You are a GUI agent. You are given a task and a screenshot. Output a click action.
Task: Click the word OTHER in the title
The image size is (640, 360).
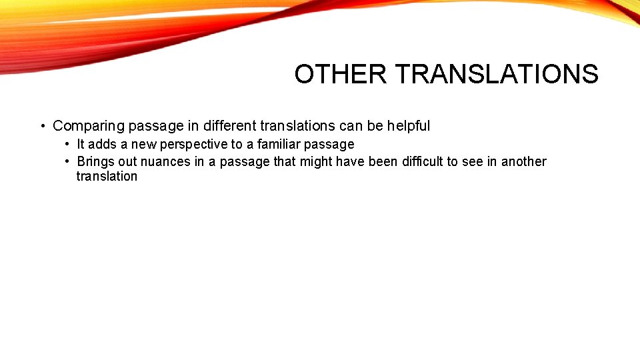(340, 74)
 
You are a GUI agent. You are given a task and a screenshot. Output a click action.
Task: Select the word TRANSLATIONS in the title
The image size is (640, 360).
(496, 74)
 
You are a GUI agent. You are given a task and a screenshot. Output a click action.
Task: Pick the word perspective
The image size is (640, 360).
(194, 144)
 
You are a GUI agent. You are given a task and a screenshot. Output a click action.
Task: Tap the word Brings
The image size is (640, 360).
(96, 161)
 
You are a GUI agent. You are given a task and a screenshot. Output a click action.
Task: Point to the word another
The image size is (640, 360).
(523, 161)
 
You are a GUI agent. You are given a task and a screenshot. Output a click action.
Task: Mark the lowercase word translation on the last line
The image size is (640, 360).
(107, 177)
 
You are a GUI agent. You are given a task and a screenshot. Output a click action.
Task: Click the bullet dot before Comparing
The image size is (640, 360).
(42, 126)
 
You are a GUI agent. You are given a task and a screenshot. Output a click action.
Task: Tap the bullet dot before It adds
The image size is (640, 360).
(68, 144)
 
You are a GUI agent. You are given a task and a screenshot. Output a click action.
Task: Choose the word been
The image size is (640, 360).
(383, 161)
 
